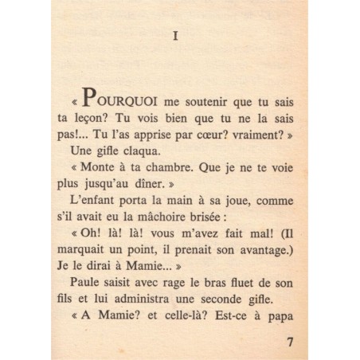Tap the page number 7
click(288, 343)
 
